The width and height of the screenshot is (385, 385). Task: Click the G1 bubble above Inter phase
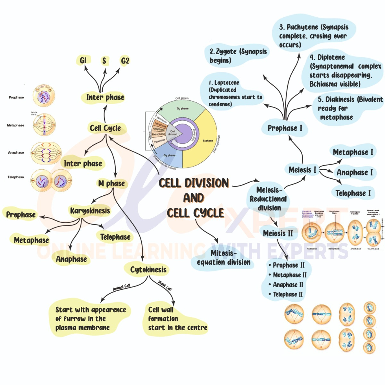83,60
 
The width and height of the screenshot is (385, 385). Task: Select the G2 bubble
125,60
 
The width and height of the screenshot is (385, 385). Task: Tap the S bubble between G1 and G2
104,60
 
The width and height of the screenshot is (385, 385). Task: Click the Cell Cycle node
105,128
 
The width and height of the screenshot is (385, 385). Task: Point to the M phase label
112,184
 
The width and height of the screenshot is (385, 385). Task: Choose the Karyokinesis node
90,211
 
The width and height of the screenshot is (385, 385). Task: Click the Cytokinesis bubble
148,269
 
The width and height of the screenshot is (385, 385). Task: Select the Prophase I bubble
285,128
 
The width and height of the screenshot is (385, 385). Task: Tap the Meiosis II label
278,233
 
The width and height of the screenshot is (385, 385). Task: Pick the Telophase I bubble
353,193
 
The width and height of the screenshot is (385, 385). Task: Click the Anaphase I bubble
355,172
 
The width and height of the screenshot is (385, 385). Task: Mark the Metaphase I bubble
353,152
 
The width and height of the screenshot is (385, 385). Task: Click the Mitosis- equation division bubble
224,258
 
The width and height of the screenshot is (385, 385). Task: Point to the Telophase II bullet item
288,294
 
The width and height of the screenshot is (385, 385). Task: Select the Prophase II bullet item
289,265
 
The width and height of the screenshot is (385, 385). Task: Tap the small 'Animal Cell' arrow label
121,287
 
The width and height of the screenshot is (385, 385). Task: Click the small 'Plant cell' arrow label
165,286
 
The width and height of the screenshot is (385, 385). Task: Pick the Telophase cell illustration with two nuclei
51,181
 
